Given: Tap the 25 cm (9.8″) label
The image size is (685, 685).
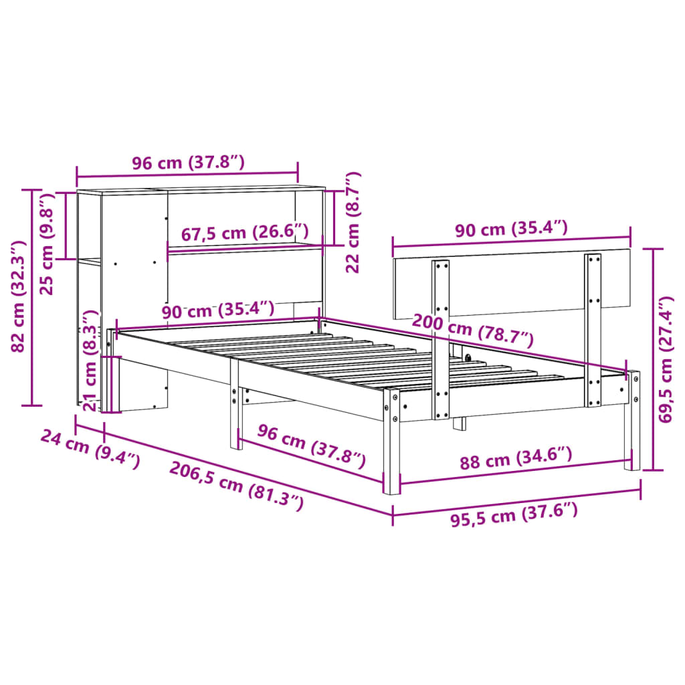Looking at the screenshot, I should tap(45, 244).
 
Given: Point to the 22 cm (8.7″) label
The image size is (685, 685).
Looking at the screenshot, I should tap(353, 223).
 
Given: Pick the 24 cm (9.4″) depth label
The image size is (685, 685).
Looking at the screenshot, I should tap(90, 449).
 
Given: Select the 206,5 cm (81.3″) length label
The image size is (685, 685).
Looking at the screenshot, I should tap(236, 487).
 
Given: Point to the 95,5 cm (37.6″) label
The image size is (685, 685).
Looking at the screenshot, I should tap(513, 514).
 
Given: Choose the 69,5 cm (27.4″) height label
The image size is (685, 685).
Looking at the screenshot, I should tap(666, 360).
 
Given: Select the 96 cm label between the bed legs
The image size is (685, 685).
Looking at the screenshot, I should tap(312, 446).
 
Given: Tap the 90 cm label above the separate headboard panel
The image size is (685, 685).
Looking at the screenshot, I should tap(512, 229).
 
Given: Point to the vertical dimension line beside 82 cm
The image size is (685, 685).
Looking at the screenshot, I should tap(31, 297).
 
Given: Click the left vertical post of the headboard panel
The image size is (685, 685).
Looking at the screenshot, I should tap(440, 338).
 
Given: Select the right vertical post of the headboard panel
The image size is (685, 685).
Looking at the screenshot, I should tap(593, 329).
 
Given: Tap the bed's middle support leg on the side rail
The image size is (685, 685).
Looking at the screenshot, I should tap(234, 408).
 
